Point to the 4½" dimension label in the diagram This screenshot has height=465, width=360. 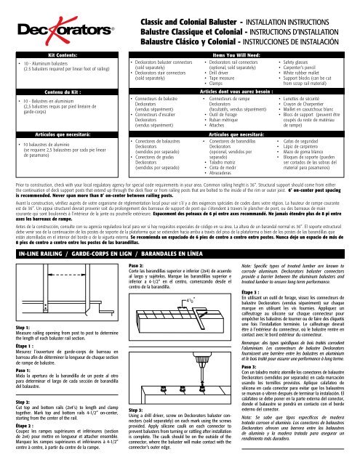coord(188,239)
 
